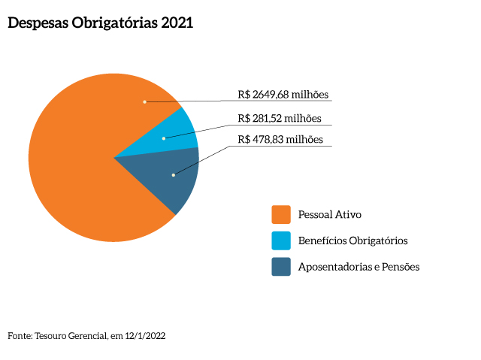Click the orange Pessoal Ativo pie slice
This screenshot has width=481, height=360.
(75, 165)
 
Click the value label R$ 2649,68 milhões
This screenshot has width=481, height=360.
(283, 95)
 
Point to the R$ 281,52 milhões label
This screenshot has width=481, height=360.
(279, 118)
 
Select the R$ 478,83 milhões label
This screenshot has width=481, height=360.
(280, 139)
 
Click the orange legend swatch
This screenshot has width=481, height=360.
(281, 215)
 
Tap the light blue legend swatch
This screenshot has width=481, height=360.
(281, 241)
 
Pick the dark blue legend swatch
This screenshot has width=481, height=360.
(281, 267)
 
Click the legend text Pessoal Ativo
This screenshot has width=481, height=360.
(329, 215)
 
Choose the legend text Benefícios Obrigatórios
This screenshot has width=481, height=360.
(352, 241)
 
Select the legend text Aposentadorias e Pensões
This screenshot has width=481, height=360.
(358, 267)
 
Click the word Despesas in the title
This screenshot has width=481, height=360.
(38, 23)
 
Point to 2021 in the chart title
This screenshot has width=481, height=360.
(177, 23)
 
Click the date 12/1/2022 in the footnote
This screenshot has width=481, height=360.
(147, 336)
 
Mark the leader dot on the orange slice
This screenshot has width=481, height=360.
(144, 101)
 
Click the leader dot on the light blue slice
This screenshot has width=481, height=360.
(164, 138)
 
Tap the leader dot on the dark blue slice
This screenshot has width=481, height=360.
(173, 175)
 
